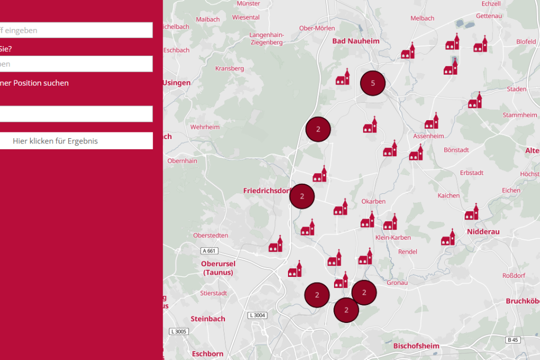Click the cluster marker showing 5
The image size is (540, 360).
click(x=373, y=83)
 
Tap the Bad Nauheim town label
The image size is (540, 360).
click(x=356, y=41)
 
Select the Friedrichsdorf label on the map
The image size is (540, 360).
click(x=268, y=190)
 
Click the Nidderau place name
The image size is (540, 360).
click(x=483, y=232)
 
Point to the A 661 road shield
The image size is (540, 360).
click(x=210, y=251)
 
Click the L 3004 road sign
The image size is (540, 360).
click(x=257, y=316)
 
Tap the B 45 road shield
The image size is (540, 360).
click(x=512, y=340)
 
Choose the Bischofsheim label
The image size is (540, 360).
click(x=416, y=346)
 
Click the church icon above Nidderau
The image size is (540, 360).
click(x=472, y=212)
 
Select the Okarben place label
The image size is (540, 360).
click(x=373, y=201)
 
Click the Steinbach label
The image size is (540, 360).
click(x=208, y=319)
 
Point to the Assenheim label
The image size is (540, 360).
click(x=428, y=136)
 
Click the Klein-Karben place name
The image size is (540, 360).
click(x=393, y=238)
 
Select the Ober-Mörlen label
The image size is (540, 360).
click(x=317, y=28)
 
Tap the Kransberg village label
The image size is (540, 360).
click(x=229, y=68)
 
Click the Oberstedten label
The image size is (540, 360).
click(x=211, y=235)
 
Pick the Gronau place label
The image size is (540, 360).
click(x=397, y=283)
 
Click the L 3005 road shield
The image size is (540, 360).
click(x=179, y=331)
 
